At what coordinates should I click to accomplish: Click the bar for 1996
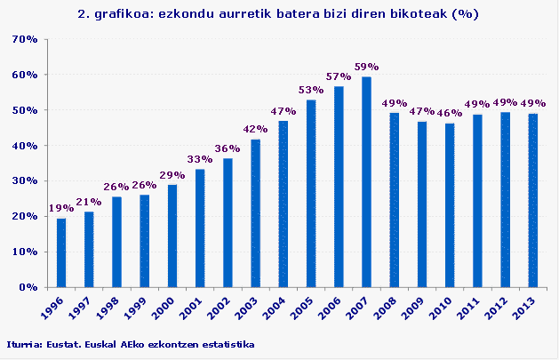point(61,252)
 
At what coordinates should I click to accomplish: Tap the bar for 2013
point(533,200)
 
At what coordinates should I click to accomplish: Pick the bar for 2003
point(255,213)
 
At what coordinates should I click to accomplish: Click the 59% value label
point(366,67)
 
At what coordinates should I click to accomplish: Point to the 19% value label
point(60,208)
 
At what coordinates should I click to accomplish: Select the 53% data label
point(311,90)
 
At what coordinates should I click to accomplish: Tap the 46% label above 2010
point(450,114)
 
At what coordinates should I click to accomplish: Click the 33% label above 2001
point(200,159)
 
